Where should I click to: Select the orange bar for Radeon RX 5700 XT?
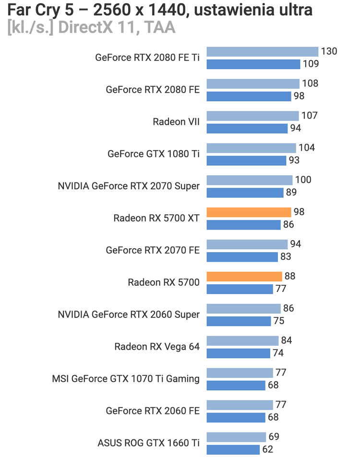coord(249,212)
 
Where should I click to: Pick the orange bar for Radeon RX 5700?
coord(244,277)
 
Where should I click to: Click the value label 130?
coord(329,52)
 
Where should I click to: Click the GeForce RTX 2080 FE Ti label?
coord(147,57)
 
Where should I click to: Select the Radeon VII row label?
coord(176,121)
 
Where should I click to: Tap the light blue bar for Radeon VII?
coord(253,116)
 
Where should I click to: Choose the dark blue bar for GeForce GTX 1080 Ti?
coord(246,160)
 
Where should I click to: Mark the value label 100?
coord(303,180)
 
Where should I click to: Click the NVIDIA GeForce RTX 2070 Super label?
coord(129,186)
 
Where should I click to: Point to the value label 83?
coord(286,257)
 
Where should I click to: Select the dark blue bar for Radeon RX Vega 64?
coord(239,353)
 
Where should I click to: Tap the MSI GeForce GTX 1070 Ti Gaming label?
coord(126,379)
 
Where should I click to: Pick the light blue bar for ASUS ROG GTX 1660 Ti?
coord(236,437)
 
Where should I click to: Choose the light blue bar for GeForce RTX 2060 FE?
coord(240,405)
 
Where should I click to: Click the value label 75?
coord(279,321)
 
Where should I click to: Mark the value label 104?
coord(307,148)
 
